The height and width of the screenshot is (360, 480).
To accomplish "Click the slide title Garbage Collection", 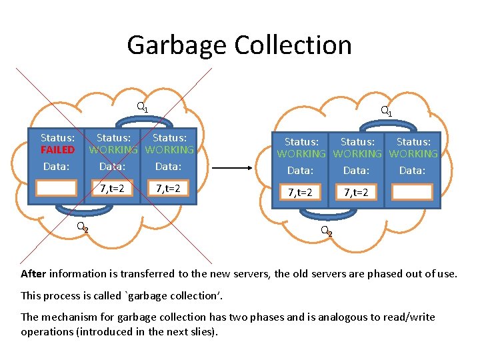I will [x=239, y=45].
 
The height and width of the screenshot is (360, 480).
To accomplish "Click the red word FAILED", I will [x=57, y=150].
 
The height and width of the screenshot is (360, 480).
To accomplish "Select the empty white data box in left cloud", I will [x=57, y=188].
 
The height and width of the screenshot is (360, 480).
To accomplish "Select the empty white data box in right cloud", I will [x=412, y=193].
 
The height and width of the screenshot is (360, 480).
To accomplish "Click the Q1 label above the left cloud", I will [x=142, y=107].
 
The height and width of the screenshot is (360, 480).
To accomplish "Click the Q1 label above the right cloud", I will [x=385, y=111].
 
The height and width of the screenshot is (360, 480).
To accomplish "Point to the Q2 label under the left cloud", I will [x=82, y=227].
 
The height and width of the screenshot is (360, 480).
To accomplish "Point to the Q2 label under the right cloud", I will [x=326, y=231].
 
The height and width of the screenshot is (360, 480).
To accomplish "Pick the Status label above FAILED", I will [x=57, y=138].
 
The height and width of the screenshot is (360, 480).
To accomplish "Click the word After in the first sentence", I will [x=33, y=273].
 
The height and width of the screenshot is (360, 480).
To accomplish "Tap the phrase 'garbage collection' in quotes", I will [x=138, y=295].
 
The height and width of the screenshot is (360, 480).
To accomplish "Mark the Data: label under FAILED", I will [x=56, y=166].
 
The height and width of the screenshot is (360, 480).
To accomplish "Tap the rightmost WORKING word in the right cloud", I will [x=413, y=154].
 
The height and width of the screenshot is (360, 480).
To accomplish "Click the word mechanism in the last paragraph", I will [x=71, y=317].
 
